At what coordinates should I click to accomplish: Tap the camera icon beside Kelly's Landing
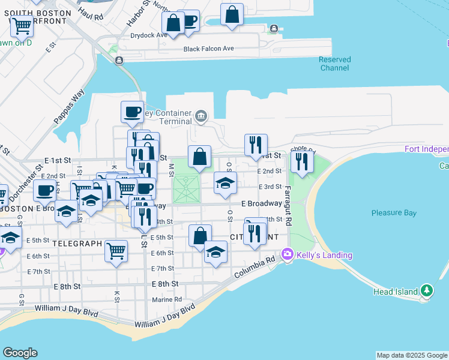[288, 255]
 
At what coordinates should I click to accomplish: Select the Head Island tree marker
[427, 291]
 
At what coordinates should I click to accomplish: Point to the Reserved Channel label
[334, 64]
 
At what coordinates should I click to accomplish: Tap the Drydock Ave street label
[145, 35]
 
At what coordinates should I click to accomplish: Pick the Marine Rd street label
[167, 299]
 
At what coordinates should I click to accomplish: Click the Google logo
[20, 353]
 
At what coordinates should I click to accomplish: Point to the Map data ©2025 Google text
[412, 355]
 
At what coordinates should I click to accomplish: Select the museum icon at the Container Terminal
[201, 116]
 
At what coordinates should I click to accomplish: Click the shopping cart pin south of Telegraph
[116, 251]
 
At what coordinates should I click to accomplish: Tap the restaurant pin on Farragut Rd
[301, 163]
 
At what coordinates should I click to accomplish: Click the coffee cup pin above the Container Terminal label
[132, 112]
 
